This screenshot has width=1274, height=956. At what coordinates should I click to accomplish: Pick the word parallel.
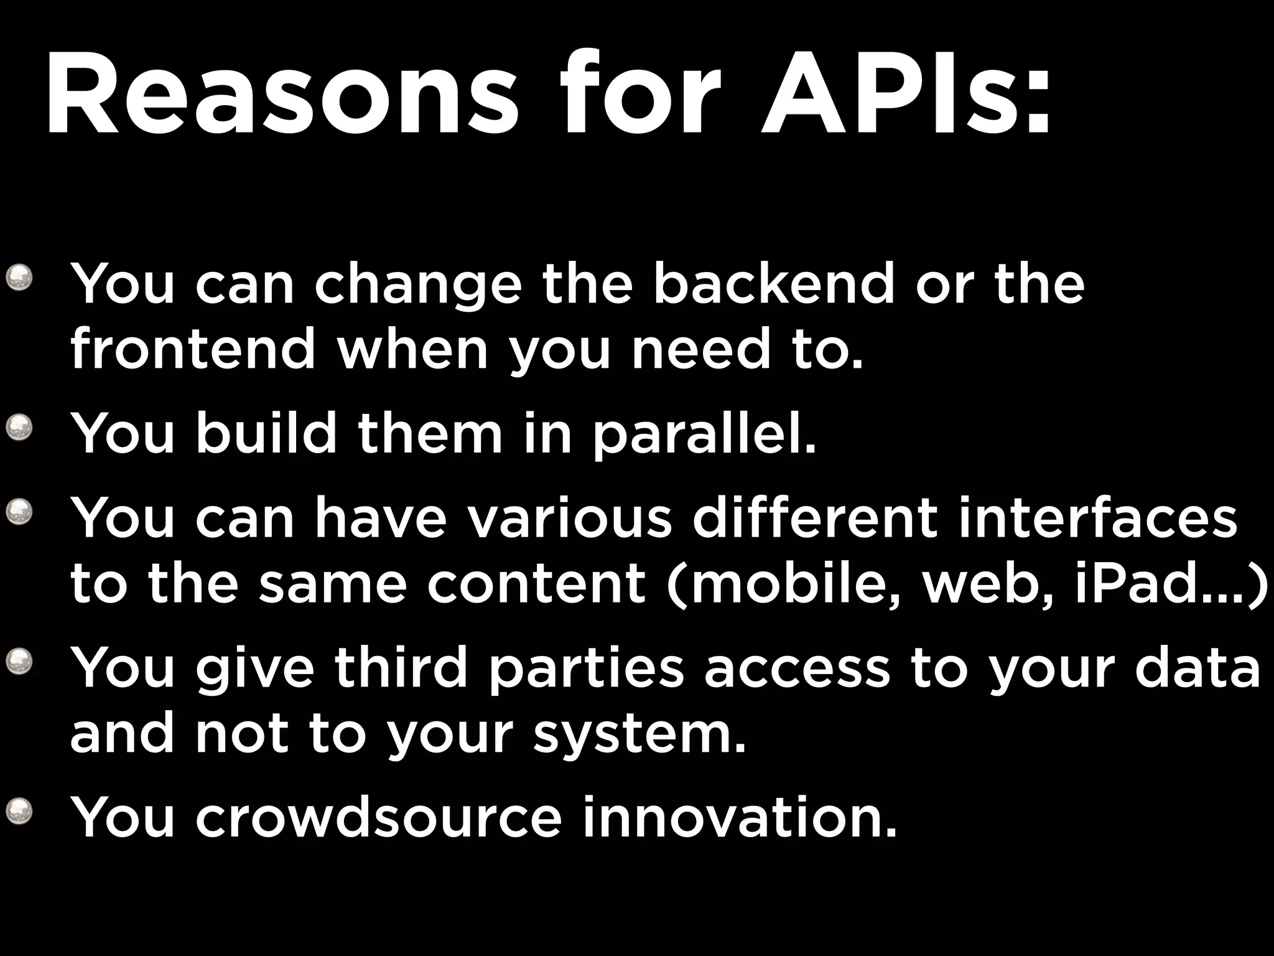click(703, 434)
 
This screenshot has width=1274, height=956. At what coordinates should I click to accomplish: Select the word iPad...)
click(1169, 585)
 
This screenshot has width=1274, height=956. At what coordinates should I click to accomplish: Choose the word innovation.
click(740, 817)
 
